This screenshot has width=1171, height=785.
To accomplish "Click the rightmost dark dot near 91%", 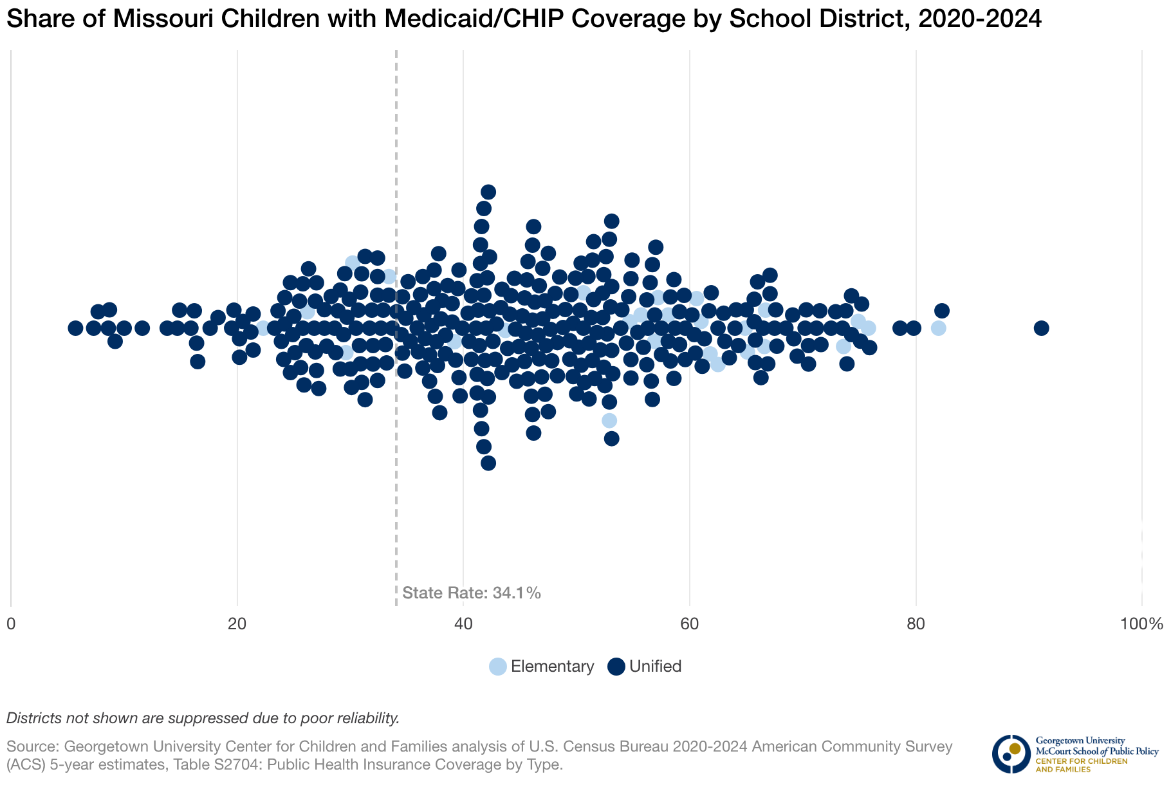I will [x=1041, y=328].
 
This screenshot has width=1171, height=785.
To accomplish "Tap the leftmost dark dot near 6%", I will [x=75, y=328].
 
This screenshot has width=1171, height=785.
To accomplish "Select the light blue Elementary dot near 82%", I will [x=938, y=328].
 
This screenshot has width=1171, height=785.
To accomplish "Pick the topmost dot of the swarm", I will [x=488, y=192].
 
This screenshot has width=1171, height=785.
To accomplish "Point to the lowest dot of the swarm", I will [x=488, y=463].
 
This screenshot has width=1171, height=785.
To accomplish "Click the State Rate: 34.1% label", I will [x=472, y=593].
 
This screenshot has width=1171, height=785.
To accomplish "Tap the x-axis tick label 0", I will [x=11, y=624].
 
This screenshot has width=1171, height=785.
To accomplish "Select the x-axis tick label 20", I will [x=237, y=624].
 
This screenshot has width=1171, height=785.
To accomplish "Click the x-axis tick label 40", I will [x=463, y=624].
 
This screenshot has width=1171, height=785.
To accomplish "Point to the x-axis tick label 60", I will [x=690, y=624].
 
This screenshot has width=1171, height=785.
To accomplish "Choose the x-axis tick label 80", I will [x=916, y=624].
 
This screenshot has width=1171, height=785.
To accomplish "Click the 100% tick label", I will [x=1141, y=624].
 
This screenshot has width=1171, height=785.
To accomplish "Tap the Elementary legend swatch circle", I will [x=498, y=667].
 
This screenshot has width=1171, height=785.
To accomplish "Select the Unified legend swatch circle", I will [x=616, y=667].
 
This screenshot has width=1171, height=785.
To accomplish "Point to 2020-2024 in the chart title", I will [x=980, y=19].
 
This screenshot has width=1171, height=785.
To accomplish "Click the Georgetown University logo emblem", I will [x=1011, y=753].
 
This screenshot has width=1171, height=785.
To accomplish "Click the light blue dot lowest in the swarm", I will [x=609, y=420].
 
